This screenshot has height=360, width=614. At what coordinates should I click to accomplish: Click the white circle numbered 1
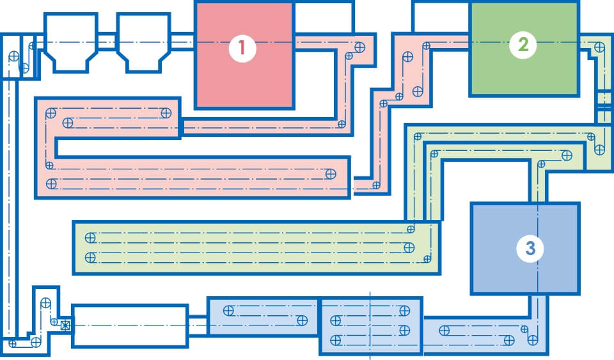[242, 49]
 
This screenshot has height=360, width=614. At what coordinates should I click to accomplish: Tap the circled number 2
[523, 45]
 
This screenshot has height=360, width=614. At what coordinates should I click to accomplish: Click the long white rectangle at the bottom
[130, 325]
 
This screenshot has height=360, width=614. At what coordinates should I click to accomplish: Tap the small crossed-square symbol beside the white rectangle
[64, 325]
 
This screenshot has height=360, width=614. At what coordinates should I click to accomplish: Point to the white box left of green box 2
[441, 17]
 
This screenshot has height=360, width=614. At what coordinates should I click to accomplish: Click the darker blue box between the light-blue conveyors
[370, 325]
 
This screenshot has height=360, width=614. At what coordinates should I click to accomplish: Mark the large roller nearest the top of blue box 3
[565, 155]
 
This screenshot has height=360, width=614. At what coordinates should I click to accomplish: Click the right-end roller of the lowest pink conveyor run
[331, 173]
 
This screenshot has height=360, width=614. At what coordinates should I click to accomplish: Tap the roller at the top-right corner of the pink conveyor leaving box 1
[359, 47]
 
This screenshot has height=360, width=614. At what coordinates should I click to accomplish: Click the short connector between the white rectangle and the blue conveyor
[198, 325]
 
